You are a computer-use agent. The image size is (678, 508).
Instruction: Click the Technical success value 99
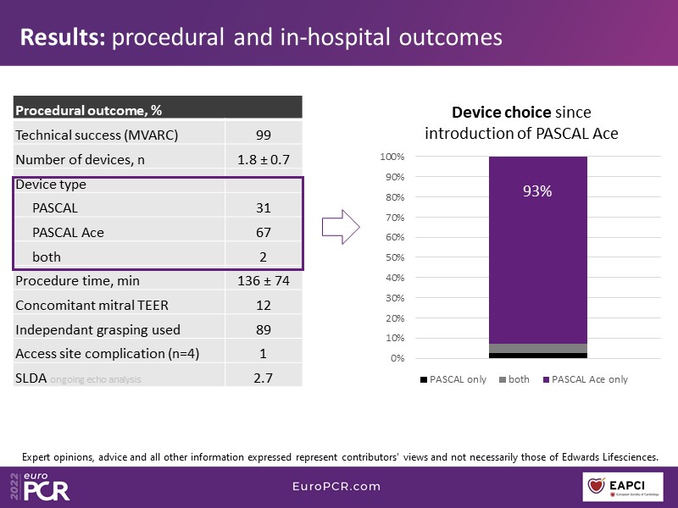point(264,134)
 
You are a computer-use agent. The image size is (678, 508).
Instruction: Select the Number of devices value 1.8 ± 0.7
point(264,158)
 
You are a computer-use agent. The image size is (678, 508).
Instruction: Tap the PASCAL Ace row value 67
point(264,232)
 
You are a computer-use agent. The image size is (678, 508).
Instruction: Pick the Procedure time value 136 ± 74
point(264,280)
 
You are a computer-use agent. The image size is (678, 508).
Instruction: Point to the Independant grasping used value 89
point(264,329)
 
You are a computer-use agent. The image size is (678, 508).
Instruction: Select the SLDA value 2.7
point(264,378)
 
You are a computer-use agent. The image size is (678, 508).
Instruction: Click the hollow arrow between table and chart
point(343,227)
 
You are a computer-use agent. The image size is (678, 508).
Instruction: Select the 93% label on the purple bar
point(537,191)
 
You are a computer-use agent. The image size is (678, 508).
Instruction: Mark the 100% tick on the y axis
point(391,157)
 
